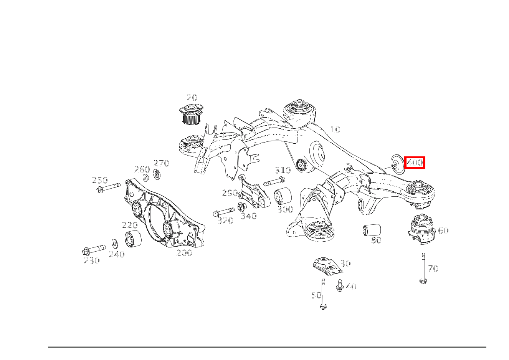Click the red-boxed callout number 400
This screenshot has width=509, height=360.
[415, 163]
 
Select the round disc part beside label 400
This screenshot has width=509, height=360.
[398, 164]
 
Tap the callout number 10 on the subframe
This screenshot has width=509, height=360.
[335, 129]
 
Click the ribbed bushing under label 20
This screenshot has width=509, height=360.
[191, 114]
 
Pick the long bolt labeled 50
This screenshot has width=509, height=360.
[323, 294]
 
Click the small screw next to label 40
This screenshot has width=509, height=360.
[340, 285]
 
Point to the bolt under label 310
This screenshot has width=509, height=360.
[274, 181]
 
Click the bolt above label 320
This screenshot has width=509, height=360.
[224, 212]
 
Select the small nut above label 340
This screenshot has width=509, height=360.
[242, 207]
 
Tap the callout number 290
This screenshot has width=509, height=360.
[230, 193]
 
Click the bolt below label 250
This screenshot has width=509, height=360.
[108, 187]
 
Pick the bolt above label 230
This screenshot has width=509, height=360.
[94, 250]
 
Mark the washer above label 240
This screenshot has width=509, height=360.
[115, 244]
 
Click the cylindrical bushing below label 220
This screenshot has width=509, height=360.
[133, 238]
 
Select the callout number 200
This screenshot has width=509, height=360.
[184, 253]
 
